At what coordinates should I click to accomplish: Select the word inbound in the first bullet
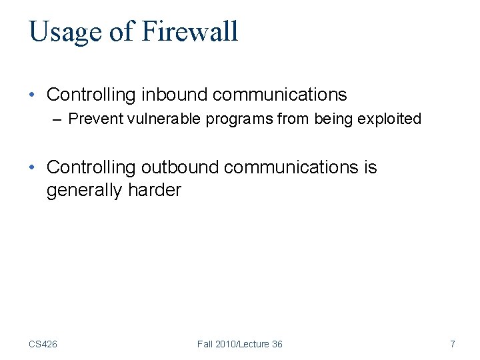click(x=172, y=95)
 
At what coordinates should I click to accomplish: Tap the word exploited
click(x=391, y=119)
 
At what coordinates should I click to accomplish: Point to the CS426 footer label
click(x=43, y=344)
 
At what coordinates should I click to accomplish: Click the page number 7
click(x=453, y=344)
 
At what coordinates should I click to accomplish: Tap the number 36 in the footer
click(x=276, y=344)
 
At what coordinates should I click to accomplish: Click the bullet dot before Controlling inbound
click(x=33, y=95)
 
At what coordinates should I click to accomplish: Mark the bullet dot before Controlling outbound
click(x=33, y=167)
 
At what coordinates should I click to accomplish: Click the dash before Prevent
click(x=59, y=119)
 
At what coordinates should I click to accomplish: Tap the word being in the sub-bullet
click(x=339, y=119)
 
